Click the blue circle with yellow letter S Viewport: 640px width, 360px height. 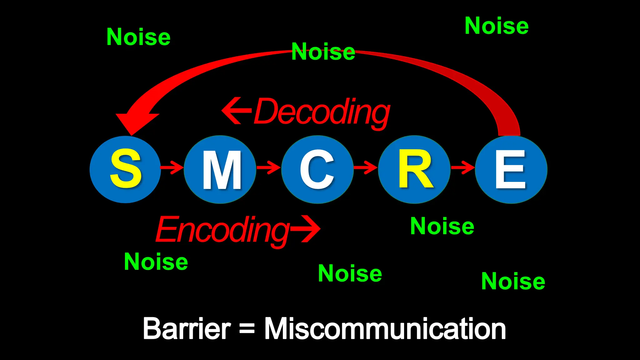[x=125, y=169]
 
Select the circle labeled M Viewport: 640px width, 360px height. [x=221, y=169]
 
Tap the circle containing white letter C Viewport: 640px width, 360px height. [x=317, y=169]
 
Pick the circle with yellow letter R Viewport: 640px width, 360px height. [x=414, y=169]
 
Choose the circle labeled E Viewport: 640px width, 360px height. [x=511, y=169]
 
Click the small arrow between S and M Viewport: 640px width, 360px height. [x=172, y=167]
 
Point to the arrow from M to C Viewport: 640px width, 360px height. [x=269, y=167]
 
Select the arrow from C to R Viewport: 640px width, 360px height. [x=366, y=167]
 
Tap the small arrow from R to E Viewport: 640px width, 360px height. [x=463, y=167]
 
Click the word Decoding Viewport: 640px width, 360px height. [x=322, y=112]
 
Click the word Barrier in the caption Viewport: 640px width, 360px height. [x=187, y=329]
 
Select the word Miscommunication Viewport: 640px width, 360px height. [x=385, y=329]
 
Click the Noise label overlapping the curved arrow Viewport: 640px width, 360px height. [x=323, y=52]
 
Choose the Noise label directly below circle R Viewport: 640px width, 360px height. [x=442, y=226]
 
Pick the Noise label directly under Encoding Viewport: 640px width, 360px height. [x=156, y=262]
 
